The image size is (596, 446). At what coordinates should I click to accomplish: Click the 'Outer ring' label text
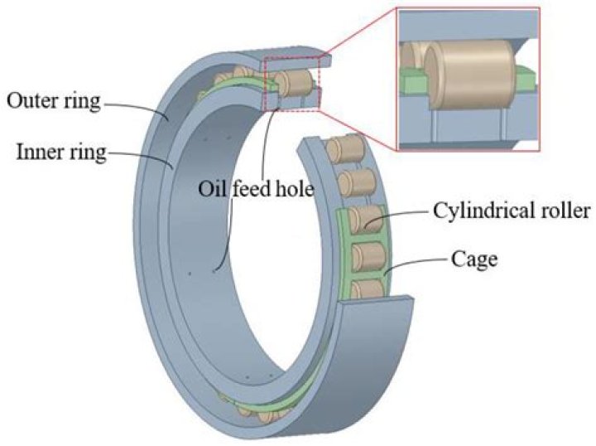point(52,103)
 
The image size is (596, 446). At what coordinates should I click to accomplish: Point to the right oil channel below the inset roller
point(504,124)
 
